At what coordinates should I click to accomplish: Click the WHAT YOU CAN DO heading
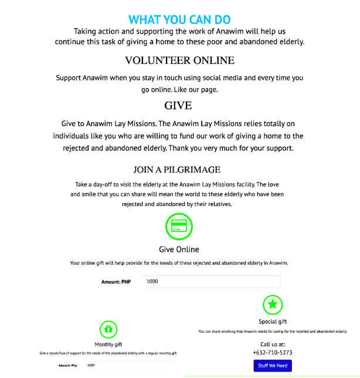(179, 20)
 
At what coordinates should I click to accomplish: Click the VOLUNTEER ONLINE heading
(179, 60)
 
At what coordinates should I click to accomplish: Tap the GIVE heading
(179, 106)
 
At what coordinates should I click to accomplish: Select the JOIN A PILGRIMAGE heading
(177, 170)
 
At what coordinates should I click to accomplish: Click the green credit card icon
(179, 226)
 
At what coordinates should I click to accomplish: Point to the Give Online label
(179, 249)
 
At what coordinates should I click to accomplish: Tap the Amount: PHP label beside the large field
(116, 282)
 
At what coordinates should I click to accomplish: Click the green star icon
(273, 304)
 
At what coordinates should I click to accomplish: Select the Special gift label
(273, 322)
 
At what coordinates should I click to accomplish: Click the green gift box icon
(108, 329)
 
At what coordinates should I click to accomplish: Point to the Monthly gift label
(108, 345)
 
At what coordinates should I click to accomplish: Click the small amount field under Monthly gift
(129, 366)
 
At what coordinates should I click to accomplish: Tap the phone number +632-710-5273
(273, 353)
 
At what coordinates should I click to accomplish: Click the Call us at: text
(273, 344)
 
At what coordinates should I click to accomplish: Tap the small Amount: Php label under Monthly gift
(68, 366)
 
